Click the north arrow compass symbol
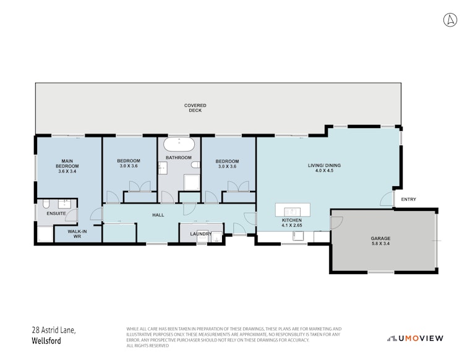(x=450, y=20)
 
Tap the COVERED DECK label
(x=195, y=108)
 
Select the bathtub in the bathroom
(x=179, y=145)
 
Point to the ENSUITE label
(x=56, y=213)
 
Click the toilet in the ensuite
(x=46, y=204)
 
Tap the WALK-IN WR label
(x=77, y=234)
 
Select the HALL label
(x=158, y=215)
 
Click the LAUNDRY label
(x=200, y=234)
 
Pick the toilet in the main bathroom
(x=195, y=165)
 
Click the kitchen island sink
(x=292, y=211)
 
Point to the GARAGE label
(x=380, y=239)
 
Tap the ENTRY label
(x=408, y=199)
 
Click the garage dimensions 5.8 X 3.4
(x=380, y=243)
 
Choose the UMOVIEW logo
(x=415, y=338)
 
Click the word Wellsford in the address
(x=46, y=341)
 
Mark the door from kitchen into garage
(x=337, y=223)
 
